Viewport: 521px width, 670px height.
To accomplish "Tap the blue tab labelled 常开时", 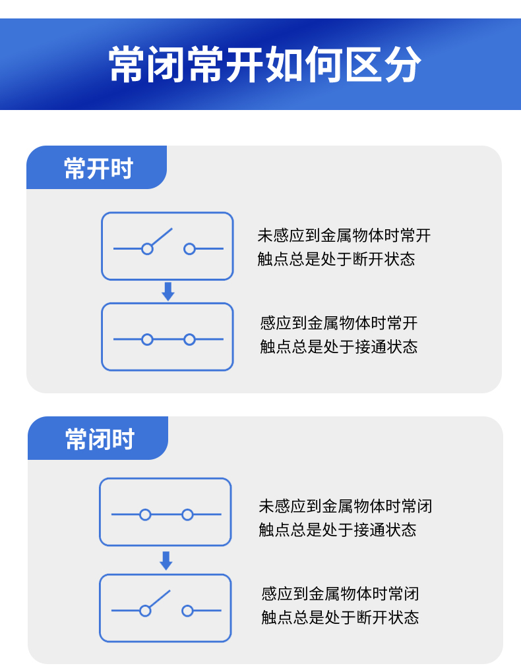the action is [x=98, y=169].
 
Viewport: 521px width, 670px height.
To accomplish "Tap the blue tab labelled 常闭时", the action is [x=100, y=439].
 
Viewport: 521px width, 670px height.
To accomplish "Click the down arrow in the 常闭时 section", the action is [x=166, y=561].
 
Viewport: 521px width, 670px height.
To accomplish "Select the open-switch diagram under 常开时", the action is [x=168, y=246].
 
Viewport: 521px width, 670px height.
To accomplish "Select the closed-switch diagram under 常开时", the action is [x=168, y=337].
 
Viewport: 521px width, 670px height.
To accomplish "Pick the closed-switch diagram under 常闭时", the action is [x=166, y=512].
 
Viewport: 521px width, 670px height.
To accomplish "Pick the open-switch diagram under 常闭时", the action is [x=166, y=608].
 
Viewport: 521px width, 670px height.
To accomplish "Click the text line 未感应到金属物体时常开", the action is [x=344, y=235].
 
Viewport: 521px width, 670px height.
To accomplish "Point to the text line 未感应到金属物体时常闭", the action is [x=345, y=506].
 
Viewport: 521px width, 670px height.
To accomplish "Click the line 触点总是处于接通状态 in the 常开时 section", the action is [x=338, y=347].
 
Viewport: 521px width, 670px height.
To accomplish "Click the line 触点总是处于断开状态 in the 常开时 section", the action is [x=336, y=259].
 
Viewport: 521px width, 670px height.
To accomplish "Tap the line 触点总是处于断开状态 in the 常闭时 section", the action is [x=340, y=617].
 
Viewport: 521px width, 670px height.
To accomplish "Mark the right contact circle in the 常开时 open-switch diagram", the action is [x=189, y=249].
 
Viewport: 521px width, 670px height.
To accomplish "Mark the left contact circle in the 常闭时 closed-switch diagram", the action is [x=145, y=515].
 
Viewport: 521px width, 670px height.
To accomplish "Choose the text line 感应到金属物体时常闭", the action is [x=340, y=594].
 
